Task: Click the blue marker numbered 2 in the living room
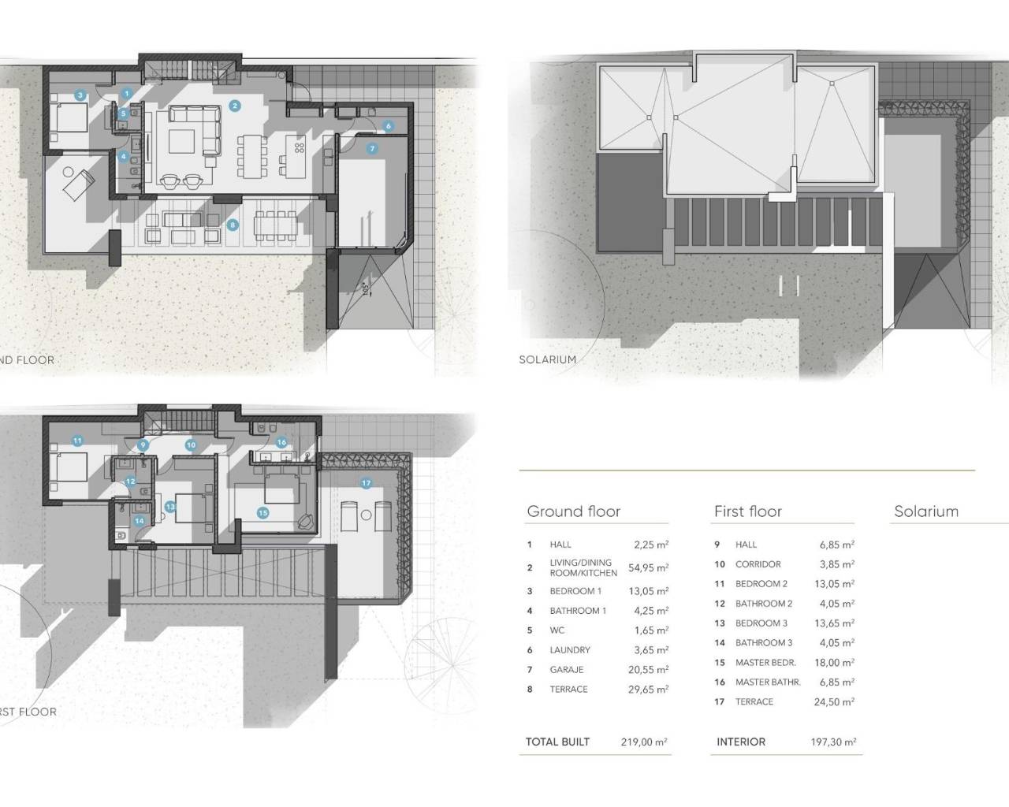pos(234,105)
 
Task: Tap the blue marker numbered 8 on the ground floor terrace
pos(232,225)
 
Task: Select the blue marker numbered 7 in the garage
pos(372,148)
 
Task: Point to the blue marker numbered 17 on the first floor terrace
pos(366,483)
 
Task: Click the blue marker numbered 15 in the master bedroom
pos(262,513)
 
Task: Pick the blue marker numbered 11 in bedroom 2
pos(77,441)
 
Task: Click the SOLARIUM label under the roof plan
pos(547,359)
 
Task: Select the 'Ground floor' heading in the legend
pos(573,511)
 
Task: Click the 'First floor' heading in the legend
pos(747,511)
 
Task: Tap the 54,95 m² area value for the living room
pos(650,567)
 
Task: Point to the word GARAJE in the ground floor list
pos(567,670)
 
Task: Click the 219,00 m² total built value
pos(644,742)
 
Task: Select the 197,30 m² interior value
pos(833,742)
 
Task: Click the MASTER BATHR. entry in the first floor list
pos(767,682)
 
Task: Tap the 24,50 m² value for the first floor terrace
pos(834,702)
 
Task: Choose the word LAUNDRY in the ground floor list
pos(569,650)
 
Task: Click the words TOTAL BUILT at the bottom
pos(557,742)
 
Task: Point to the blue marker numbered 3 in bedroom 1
pos(80,95)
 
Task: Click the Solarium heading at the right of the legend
pos(925,511)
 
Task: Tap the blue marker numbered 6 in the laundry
pos(389,126)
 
